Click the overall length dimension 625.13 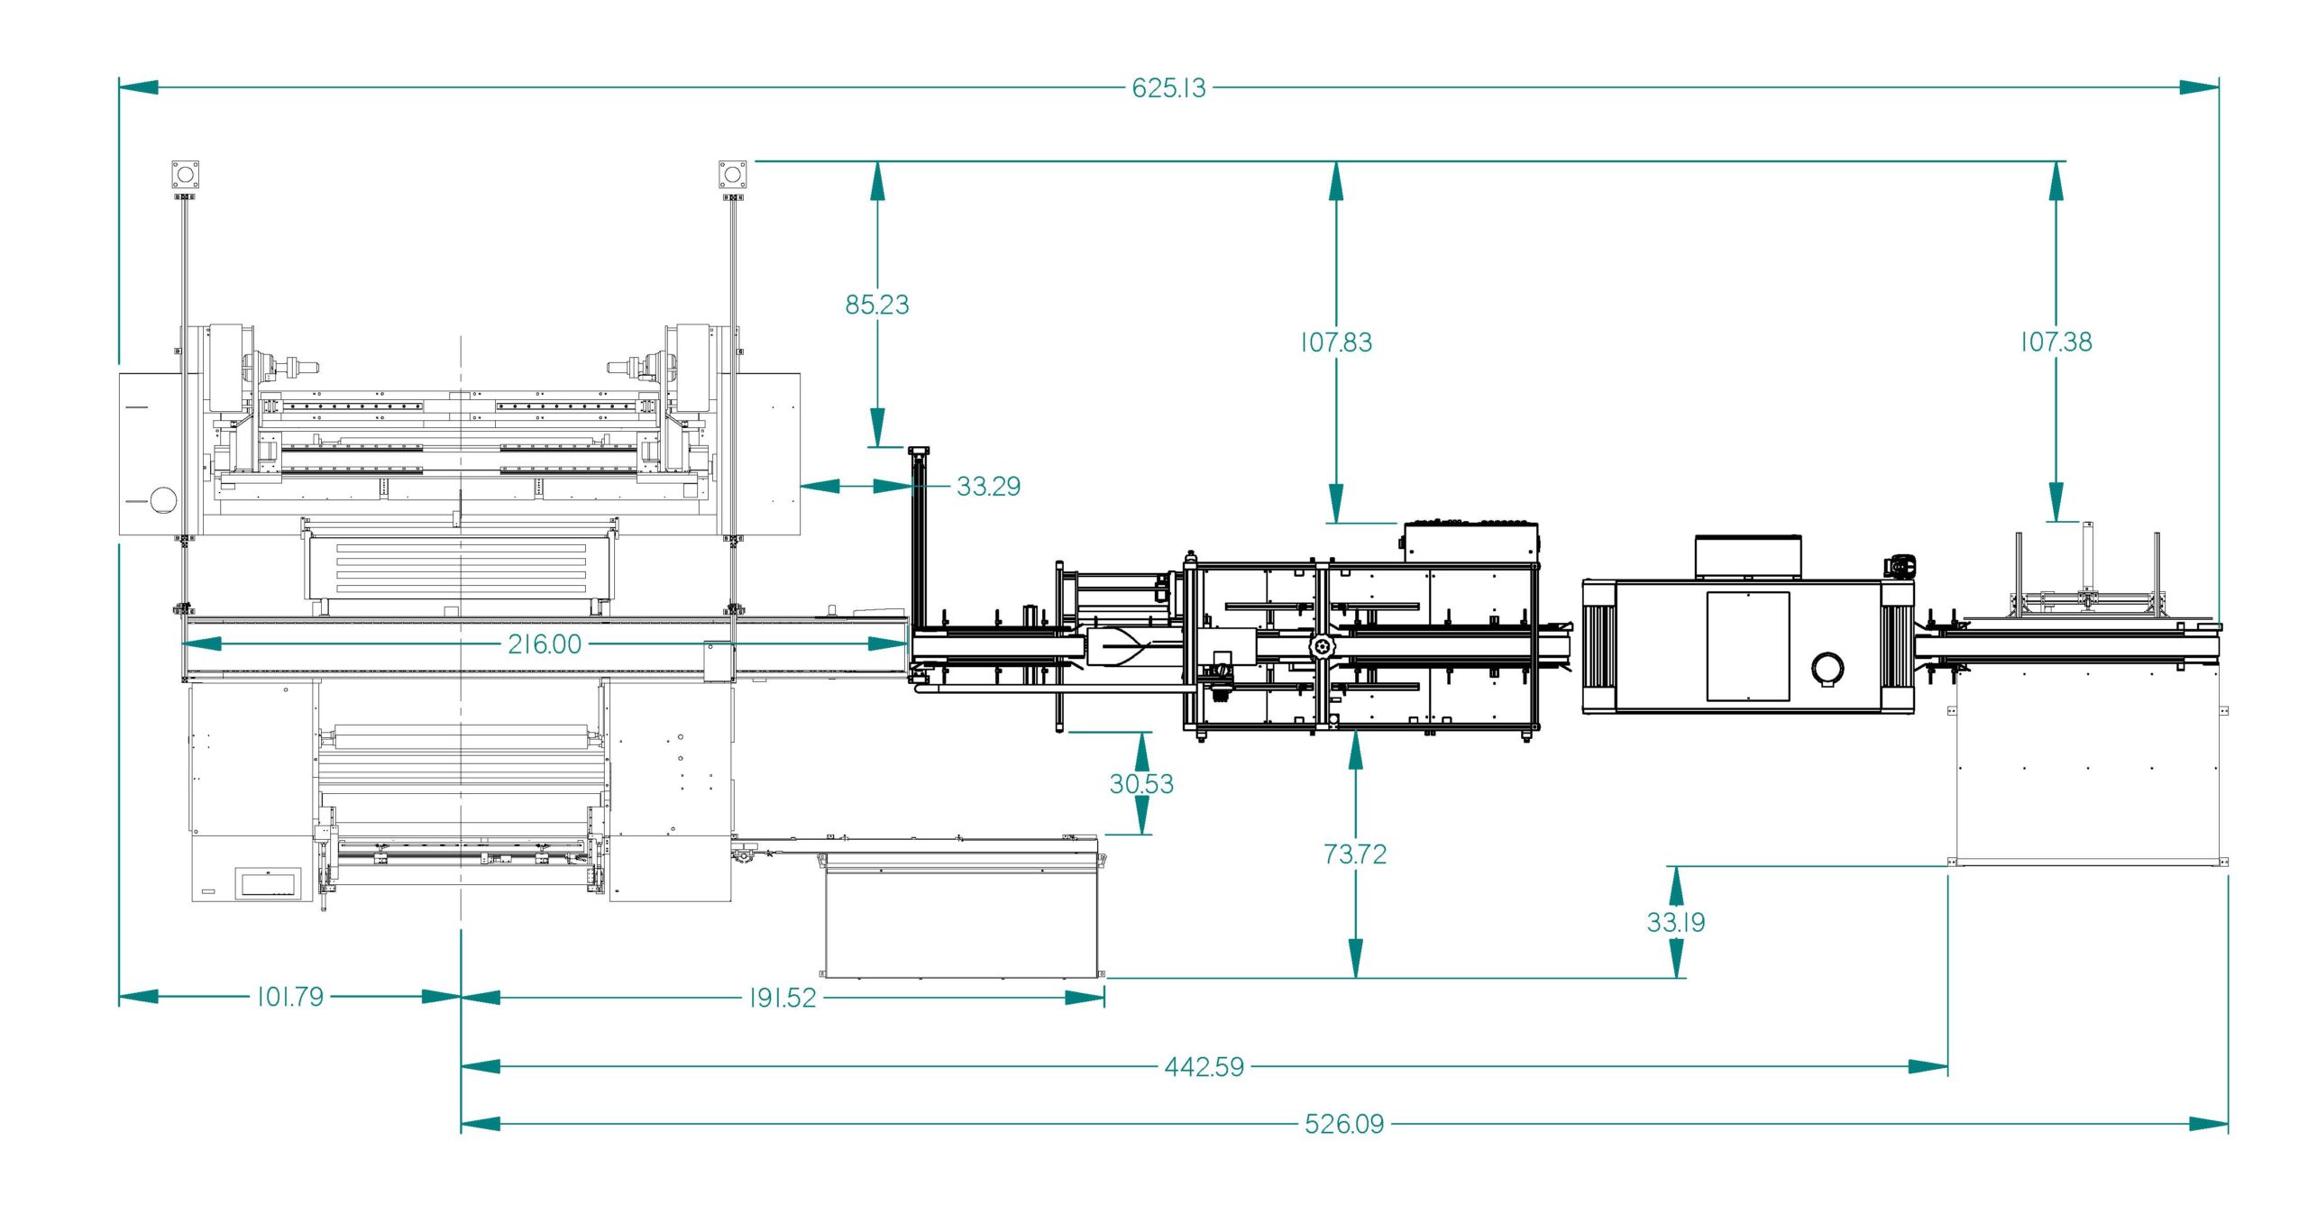click(x=1168, y=88)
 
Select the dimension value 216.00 click(x=545, y=644)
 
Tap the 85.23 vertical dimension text click(x=877, y=305)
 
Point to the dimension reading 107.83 click(x=1336, y=342)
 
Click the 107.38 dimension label click(x=2056, y=342)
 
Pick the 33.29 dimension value click(x=989, y=487)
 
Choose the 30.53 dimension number click(x=1141, y=784)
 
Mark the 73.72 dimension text click(x=1355, y=854)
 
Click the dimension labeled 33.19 click(x=1676, y=922)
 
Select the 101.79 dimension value click(x=290, y=997)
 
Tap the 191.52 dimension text click(x=783, y=998)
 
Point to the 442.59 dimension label click(x=1204, y=1067)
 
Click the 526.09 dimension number click(x=1344, y=1124)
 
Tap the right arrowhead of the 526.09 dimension click(x=2209, y=1124)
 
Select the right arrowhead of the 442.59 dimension click(x=1928, y=1067)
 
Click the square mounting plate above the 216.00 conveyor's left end click(x=186, y=174)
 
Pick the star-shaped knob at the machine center click(x=1323, y=646)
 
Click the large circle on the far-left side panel click(x=164, y=500)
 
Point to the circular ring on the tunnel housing click(x=1827, y=669)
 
